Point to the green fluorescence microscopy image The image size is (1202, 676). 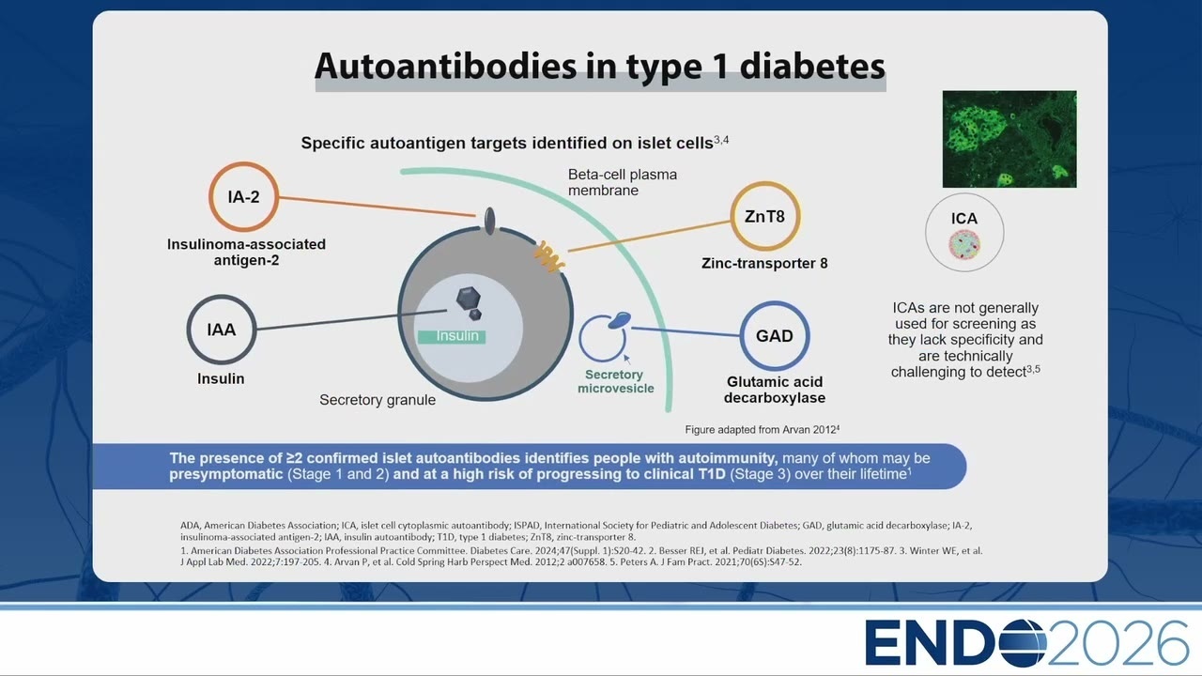pyautogui.click(x=1009, y=139)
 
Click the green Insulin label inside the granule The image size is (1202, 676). pyautogui.click(x=452, y=336)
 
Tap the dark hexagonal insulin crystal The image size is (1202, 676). pyautogui.click(x=468, y=299)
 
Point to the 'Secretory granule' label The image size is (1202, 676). pyautogui.click(x=378, y=400)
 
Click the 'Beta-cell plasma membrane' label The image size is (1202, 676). pyautogui.click(x=623, y=182)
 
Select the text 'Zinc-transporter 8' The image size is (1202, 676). pyautogui.click(x=764, y=264)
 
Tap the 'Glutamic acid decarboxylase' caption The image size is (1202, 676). pyautogui.click(x=775, y=390)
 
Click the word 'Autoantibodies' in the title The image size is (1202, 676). pyautogui.click(x=446, y=67)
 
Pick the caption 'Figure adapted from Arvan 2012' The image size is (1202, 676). pyautogui.click(x=762, y=430)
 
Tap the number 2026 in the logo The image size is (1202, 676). pyautogui.click(x=1117, y=642)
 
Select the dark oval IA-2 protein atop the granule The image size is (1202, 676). pyautogui.click(x=489, y=221)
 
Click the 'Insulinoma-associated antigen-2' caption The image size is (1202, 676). pyautogui.click(x=246, y=253)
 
